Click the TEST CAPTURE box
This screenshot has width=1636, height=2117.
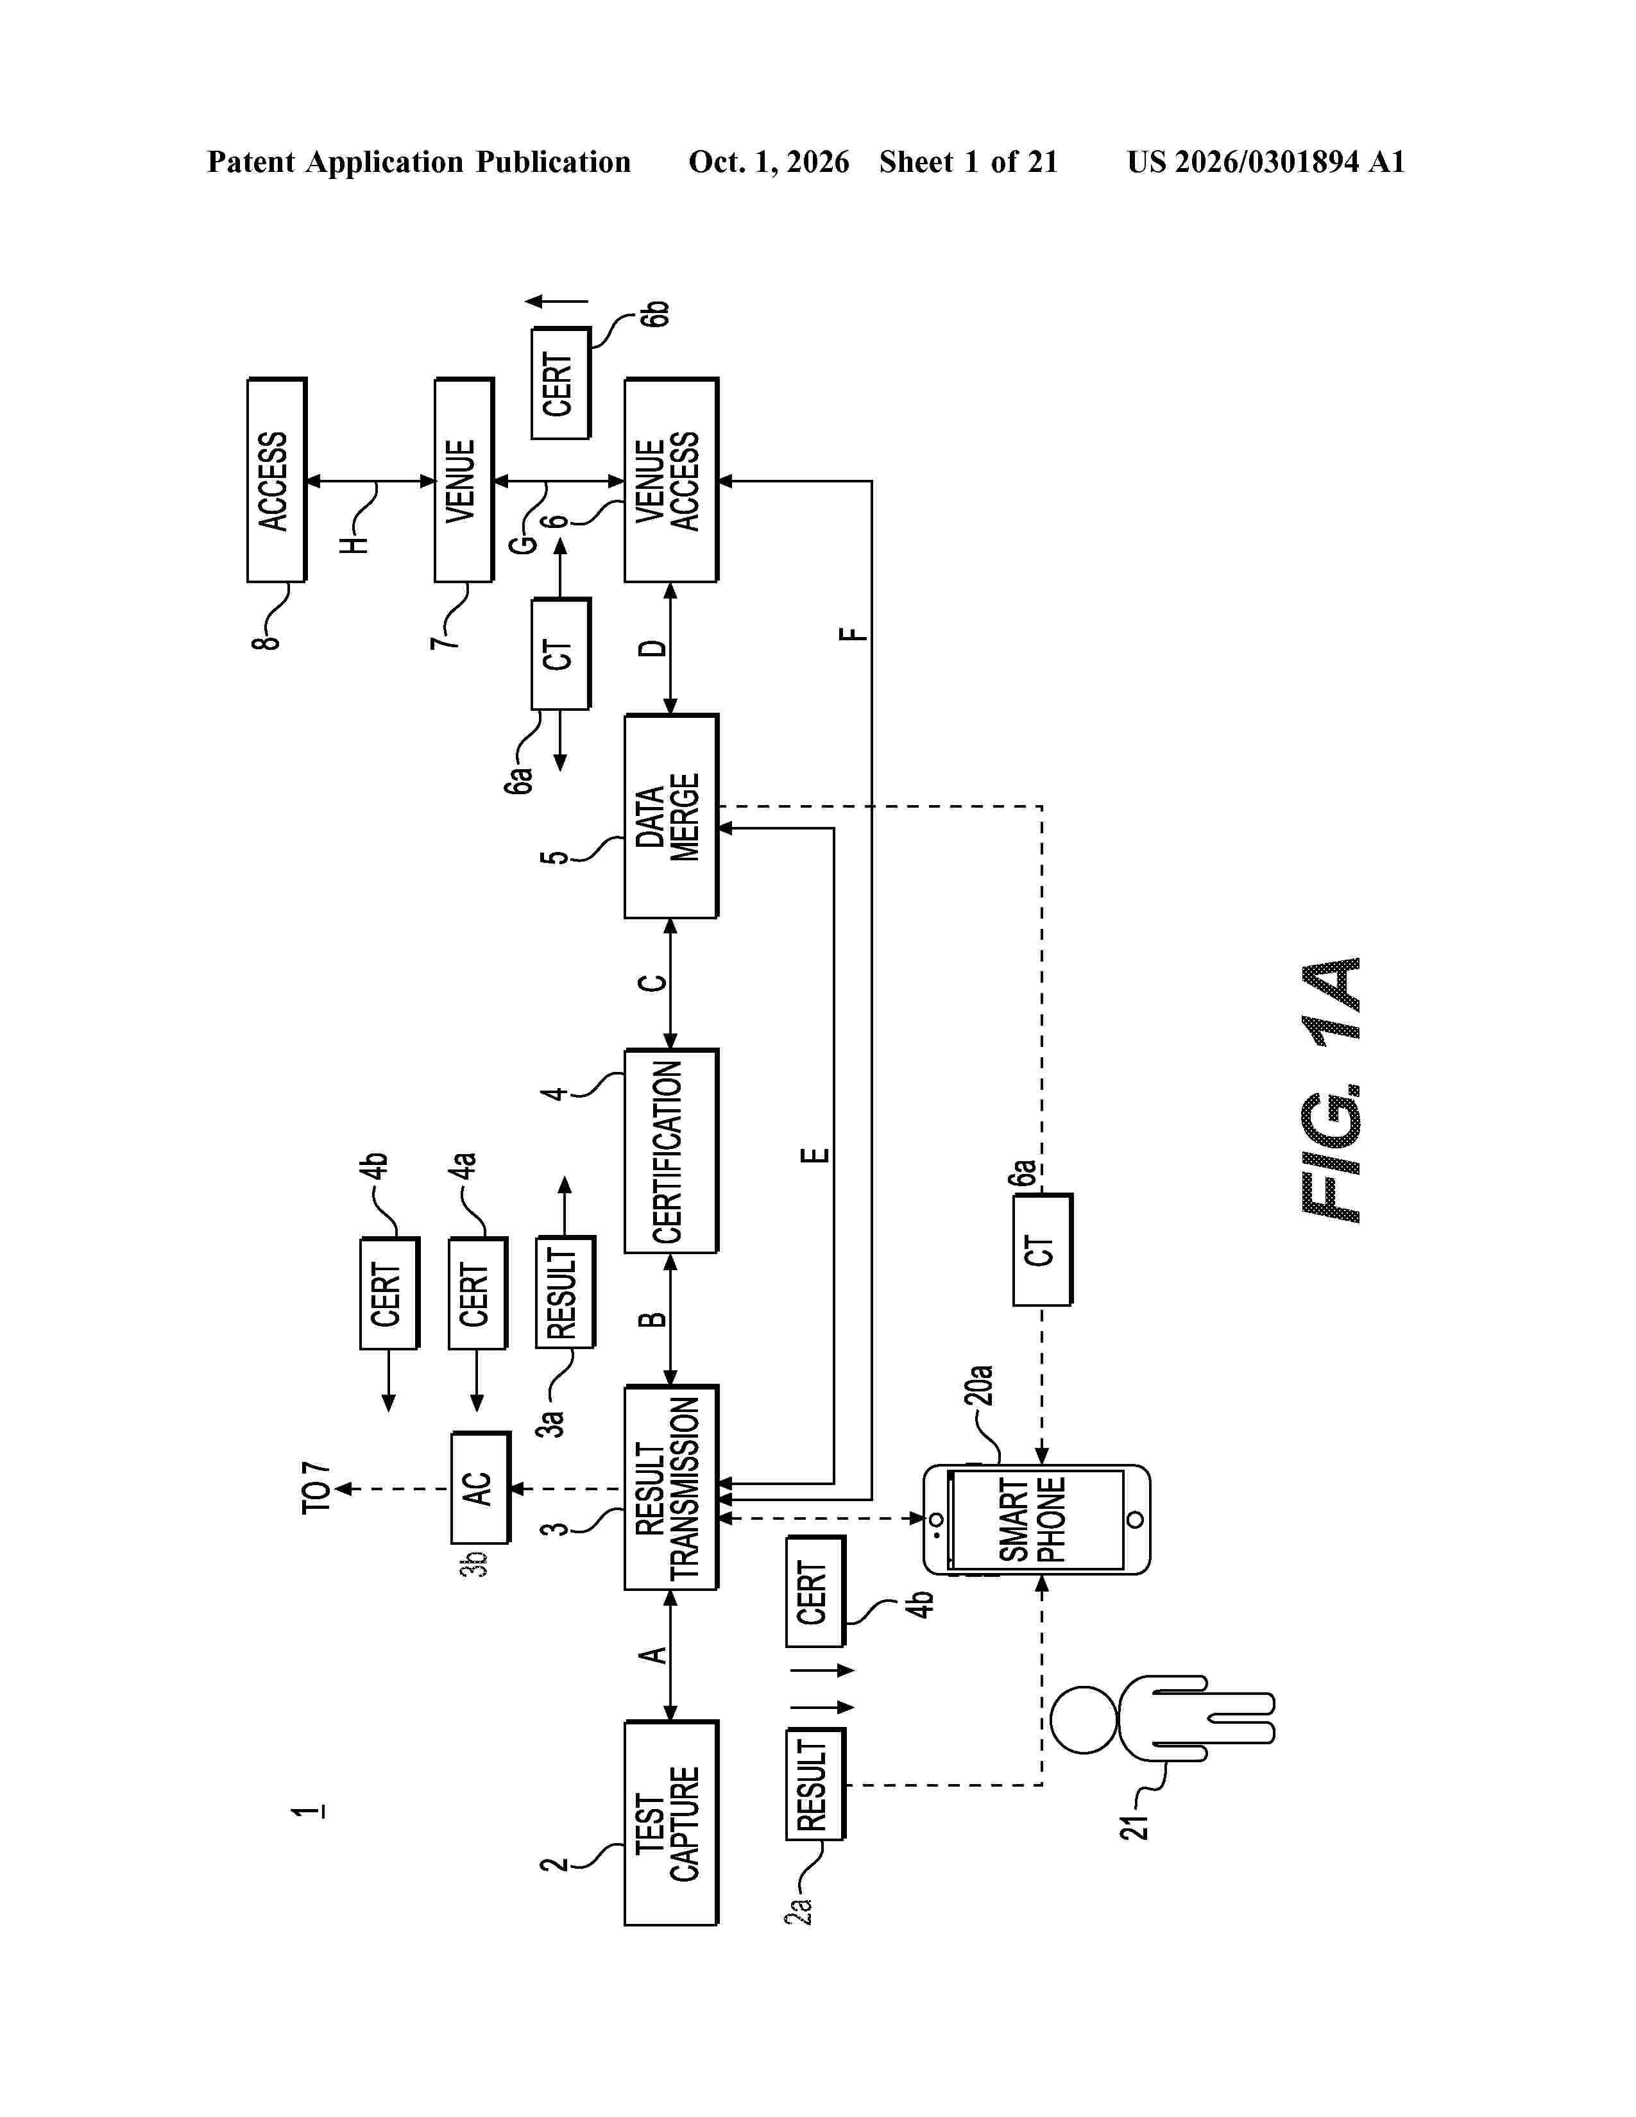click(670, 1823)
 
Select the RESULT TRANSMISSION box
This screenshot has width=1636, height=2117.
click(670, 1487)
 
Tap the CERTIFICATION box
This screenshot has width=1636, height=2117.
click(670, 1151)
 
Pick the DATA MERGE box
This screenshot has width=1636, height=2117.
click(670, 816)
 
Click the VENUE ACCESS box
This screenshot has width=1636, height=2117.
click(670, 480)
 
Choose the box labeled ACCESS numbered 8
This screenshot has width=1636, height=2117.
click(277, 480)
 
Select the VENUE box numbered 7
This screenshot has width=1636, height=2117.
click(463, 480)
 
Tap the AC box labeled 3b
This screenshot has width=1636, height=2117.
click(480, 1488)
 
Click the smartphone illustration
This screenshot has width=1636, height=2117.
click(1036, 1519)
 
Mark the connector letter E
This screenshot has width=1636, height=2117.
click(816, 1155)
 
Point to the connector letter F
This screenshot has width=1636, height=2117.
click(853, 635)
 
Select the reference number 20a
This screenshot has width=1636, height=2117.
click(979, 1385)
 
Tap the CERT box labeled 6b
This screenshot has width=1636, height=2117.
click(560, 384)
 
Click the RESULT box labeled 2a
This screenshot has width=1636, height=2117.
click(815, 1783)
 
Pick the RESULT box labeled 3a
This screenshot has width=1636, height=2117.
click(565, 1292)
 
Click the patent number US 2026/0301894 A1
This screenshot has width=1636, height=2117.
click(1266, 162)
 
